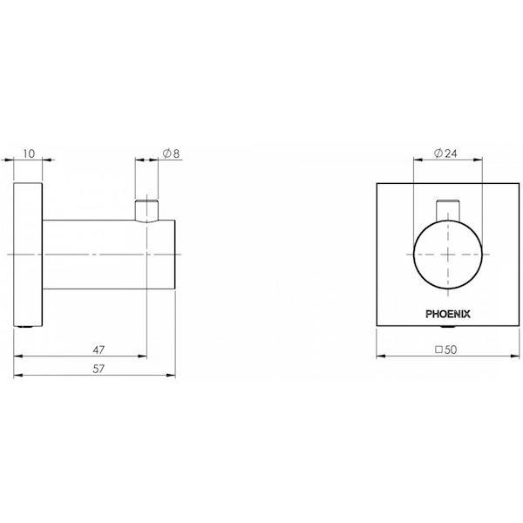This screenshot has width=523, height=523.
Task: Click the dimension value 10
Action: pos(30,153)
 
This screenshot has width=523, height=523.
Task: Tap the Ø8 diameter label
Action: pos(171,153)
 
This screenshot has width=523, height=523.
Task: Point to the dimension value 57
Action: pos(98,369)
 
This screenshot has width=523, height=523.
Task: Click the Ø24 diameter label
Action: pos(446,153)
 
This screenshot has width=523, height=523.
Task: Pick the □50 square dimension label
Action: pos(447,349)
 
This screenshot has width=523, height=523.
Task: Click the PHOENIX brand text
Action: pos(447,309)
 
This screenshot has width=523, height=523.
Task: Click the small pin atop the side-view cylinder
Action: pos(147,210)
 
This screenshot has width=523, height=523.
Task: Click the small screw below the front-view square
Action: pos(447,326)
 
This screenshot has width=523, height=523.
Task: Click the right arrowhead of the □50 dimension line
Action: pos(518,357)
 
